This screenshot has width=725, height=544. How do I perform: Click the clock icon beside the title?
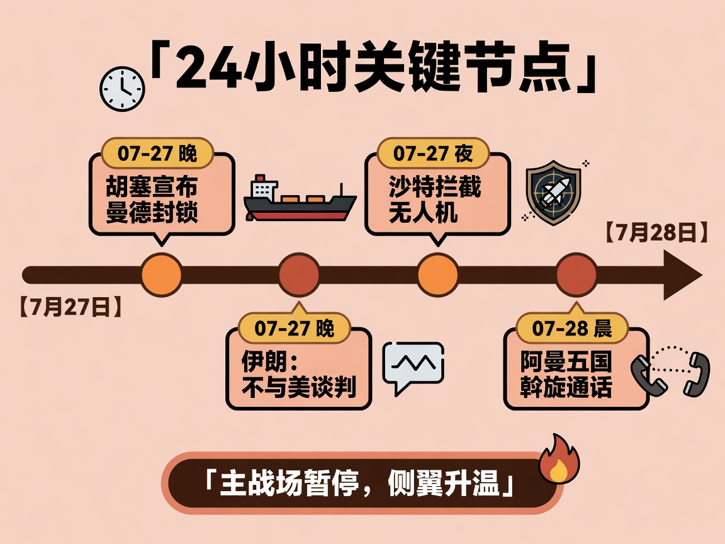122,89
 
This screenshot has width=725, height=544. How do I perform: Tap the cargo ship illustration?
300,198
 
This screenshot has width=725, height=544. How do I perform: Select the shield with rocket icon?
554,193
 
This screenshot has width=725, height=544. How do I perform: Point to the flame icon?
559,460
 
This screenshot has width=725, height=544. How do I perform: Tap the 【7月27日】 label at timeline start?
70,307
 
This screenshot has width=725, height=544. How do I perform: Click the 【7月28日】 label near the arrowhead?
656,232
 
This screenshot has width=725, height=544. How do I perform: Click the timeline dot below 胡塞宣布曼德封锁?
161,275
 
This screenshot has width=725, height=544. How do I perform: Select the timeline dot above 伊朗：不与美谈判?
299,275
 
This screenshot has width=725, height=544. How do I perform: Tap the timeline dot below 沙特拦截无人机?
438,275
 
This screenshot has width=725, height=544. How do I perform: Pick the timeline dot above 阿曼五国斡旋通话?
576,275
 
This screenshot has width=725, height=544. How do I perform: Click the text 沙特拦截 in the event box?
435,187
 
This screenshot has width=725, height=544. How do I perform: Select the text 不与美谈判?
299,387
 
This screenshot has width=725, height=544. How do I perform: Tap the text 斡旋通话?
566,387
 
